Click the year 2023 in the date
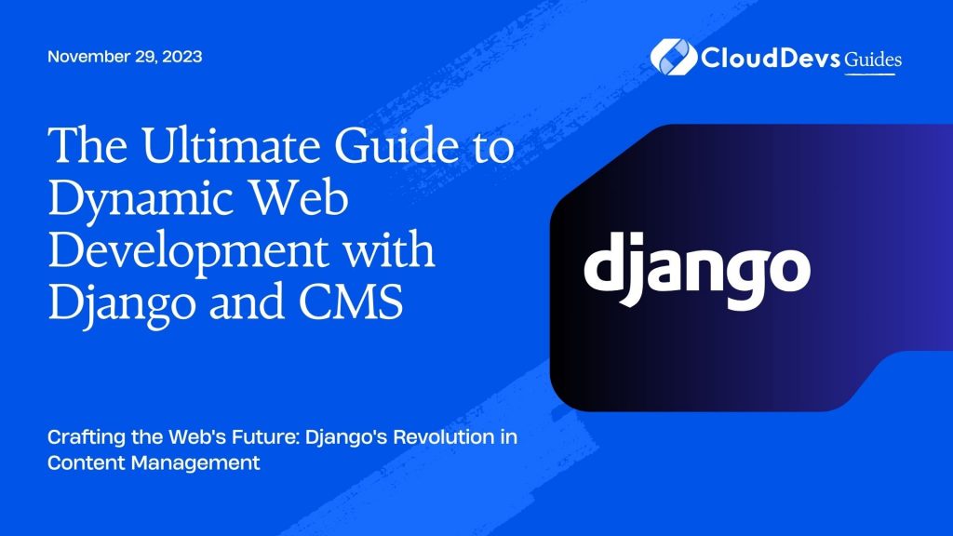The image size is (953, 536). click(181, 56)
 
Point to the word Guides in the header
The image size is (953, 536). click(872, 60)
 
